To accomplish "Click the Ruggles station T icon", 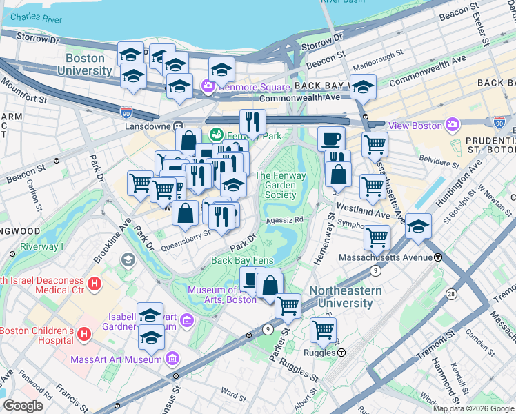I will [x=341, y=353].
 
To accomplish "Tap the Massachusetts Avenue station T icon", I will [x=438, y=257].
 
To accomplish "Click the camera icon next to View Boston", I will [x=453, y=125].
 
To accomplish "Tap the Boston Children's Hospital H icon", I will [x=84, y=335].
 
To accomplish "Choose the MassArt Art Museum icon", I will [x=172, y=359].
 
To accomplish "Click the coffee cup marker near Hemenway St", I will [x=330, y=138].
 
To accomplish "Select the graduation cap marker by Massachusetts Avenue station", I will [x=418, y=226].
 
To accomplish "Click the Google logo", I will [x=23, y=405].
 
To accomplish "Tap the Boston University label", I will [x=85, y=65].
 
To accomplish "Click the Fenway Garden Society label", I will [x=280, y=185].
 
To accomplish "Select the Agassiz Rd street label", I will [x=285, y=219].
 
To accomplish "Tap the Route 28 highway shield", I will [x=450, y=295].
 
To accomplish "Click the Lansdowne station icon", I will [x=178, y=127].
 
